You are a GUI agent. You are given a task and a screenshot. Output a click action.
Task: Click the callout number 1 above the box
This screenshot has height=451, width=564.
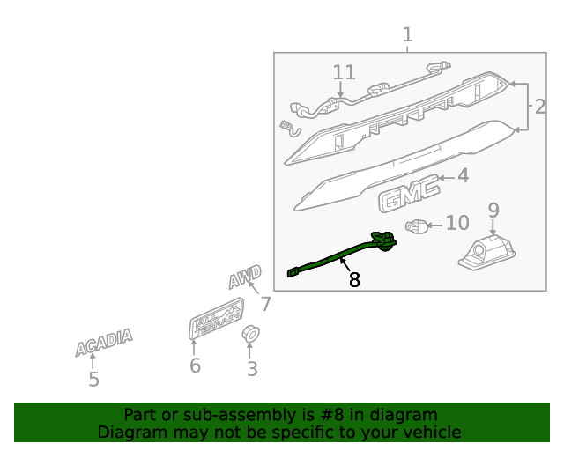pos(407,35)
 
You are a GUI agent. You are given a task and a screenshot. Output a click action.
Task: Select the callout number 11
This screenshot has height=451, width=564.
pos(345,72)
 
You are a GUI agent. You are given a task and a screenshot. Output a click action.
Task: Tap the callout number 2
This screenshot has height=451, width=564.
pos(540,107)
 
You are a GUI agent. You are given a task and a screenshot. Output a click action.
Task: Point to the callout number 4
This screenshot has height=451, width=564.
pos(464,176)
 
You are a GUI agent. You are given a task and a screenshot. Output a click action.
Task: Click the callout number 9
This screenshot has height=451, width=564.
pos(493,210)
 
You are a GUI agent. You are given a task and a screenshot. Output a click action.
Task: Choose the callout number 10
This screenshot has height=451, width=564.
pos(457,223)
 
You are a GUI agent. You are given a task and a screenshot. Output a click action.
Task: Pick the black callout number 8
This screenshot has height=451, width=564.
pos(354,280)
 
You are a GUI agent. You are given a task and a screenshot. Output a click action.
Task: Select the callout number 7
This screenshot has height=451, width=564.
pos(265,304)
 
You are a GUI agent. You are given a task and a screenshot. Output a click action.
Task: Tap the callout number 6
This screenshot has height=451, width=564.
pos(195,366)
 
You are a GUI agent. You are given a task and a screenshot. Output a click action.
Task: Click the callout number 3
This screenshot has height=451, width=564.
pos(252,369)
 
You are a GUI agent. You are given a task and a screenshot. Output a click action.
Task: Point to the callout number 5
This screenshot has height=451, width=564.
pos(93,380)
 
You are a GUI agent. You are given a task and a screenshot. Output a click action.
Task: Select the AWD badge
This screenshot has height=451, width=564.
pos(245,277)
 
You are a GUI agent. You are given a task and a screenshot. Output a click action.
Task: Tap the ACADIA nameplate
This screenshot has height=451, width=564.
pos(104,342)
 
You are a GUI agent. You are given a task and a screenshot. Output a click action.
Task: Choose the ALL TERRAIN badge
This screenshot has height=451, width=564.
pos(216,319)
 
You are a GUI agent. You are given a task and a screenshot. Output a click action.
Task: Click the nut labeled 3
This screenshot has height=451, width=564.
pos(250,334)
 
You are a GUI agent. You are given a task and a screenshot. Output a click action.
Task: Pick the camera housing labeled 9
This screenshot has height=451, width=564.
pos(487,253)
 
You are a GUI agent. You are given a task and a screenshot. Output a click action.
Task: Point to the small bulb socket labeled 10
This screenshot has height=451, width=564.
pos(417,226)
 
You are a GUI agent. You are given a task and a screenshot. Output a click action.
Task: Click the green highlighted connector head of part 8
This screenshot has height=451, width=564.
pos(384,240)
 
